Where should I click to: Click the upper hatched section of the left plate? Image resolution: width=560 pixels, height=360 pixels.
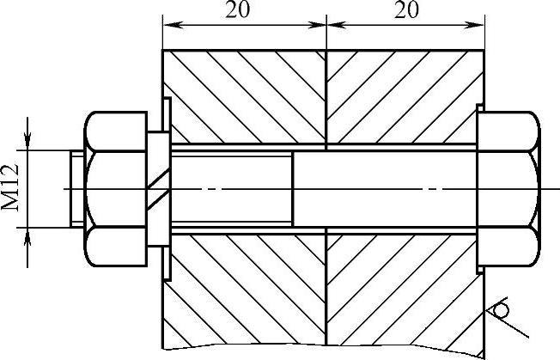coord(245,95)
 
